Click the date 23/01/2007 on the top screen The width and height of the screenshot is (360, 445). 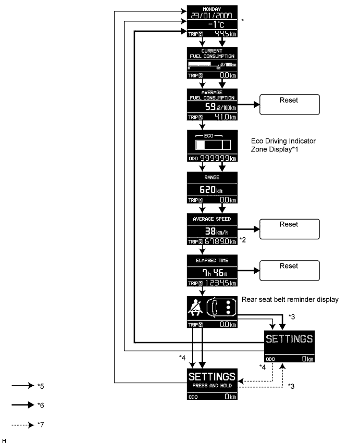pyautogui.click(x=212, y=16)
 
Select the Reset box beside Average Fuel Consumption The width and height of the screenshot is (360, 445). pyautogui.click(x=288, y=104)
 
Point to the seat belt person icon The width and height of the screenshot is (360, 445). pyautogui.click(x=196, y=309)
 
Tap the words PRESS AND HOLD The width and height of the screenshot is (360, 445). pyautogui.click(x=212, y=386)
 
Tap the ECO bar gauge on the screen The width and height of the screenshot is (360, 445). pyautogui.click(x=212, y=145)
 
